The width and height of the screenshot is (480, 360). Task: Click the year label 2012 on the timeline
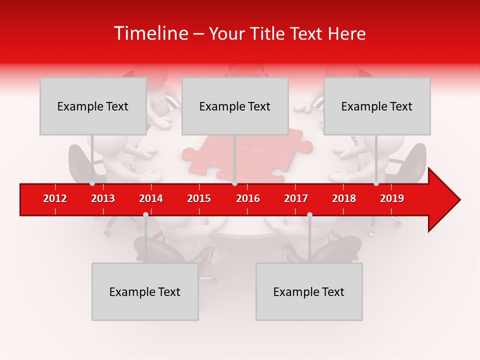pyautogui.click(x=55, y=198)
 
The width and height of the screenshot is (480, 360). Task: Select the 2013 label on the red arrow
pyautogui.click(x=103, y=198)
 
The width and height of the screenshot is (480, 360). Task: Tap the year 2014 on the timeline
pyautogui.click(x=151, y=198)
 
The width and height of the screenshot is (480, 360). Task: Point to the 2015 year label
pyautogui.click(x=199, y=198)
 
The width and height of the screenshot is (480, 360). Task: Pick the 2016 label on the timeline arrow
pyautogui.click(x=248, y=198)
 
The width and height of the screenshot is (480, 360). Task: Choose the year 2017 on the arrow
pyautogui.click(x=296, y=198)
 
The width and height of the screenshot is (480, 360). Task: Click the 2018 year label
pyautogui.click(x=344, y=198)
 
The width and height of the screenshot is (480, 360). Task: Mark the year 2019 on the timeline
pyautogui.click(x=392, y=198)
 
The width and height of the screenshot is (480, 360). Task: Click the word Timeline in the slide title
pyautogui.click(x=150, y=33)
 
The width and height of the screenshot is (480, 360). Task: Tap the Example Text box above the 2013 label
pyautogui.click(x=93, y=106)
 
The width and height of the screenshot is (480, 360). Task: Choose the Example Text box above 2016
pyautogui.click(x=235, y=106)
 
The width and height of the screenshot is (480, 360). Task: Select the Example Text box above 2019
pyautogui.click(x=377, y=106)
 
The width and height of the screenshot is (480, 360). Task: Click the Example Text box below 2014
pyautogui.click(x=145, y=291)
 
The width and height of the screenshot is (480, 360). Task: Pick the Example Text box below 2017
pyautogui.click(x=309, y=291)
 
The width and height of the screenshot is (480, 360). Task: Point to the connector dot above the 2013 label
pyautogui.click(x=92, y=183)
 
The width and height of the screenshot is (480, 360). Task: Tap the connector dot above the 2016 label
pyautogui.click(x=234, y=183)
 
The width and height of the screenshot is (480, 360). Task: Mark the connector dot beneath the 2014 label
pyautogui.click(x=145, y=214)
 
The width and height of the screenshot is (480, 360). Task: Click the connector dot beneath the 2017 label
pyautogui.click(x=309, y=214)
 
